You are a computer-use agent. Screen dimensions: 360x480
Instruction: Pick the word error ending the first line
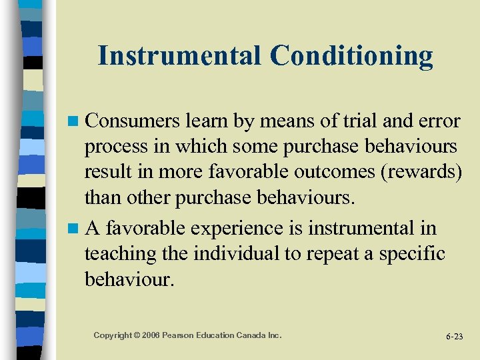click(435, 121)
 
